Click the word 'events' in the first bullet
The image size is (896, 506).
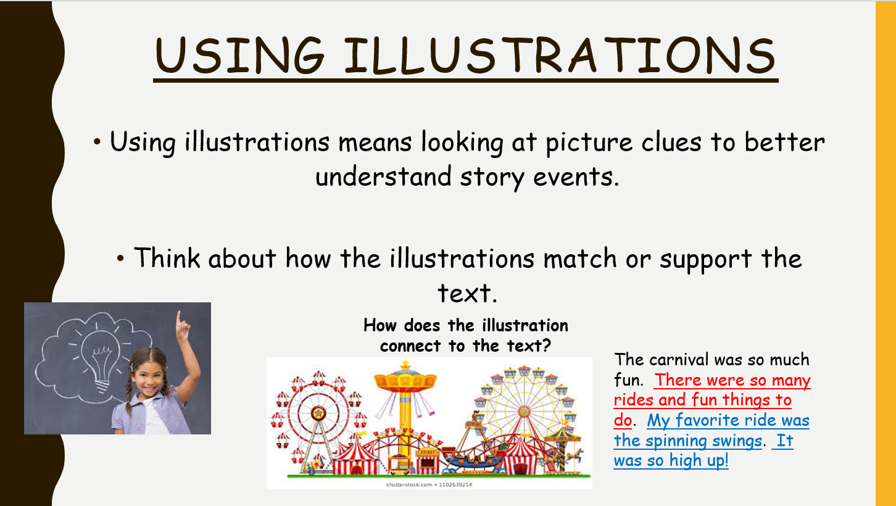576,177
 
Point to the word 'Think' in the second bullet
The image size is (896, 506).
167,257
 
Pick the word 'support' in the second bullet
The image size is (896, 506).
705,260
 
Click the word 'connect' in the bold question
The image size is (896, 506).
411,346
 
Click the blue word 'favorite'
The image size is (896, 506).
705,420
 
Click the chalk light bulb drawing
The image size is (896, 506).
101,358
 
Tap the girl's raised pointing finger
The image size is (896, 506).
178,318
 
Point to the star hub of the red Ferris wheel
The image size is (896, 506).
318,413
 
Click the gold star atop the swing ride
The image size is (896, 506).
405,365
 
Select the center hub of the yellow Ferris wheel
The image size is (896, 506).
524,411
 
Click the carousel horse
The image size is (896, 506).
573,455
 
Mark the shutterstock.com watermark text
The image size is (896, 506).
429,484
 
